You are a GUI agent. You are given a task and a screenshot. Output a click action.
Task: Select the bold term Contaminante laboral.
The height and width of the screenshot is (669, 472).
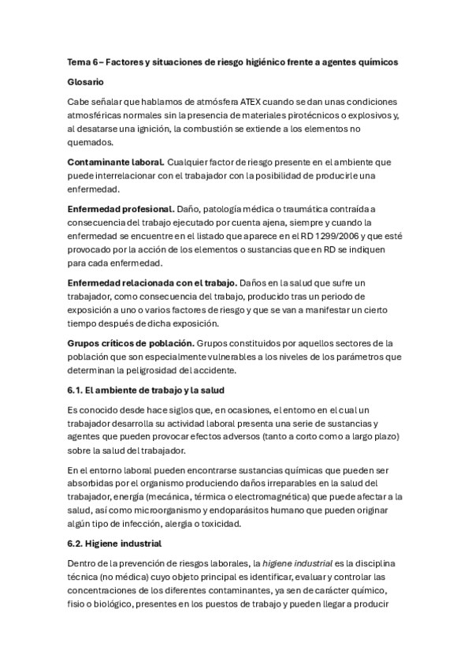click(x=116, y=162)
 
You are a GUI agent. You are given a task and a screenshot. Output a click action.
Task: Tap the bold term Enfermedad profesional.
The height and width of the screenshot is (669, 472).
click(x=121, y=208)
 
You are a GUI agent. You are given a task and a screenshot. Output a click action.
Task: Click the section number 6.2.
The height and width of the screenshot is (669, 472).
click(x=77, y=544)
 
